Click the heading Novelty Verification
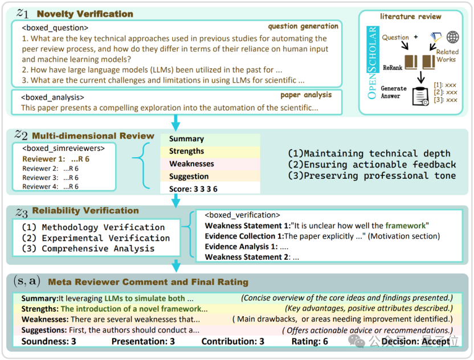pyautogui.click(x=85, y=14)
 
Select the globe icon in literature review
pyautogui.click(x=452, y=37)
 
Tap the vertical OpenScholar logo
pyautogui.click(x=373, y=63)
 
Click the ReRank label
pyautogui.click(x=393, y=68)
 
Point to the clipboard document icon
pyautogui.click(x=420, y=96)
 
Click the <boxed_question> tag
pyautogui.click(x=55, y=28)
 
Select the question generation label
pyautogui.click(x=303, y=26)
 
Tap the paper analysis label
pyautogui.click(x=306, y=95)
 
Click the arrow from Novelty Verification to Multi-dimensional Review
pyautogui.click(x=175, y=122)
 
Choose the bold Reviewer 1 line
pyautogui.click(x=56, y=159)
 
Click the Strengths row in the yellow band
pyautogui.click(x=186, y=151)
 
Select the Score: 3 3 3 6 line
pyautogui.click(x=193, y=189)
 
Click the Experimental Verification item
pyautogui.click(x=96, y=238)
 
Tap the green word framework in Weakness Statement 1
pyautogui.click(x=406, y=226)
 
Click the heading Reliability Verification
pyautogui.click(x=85, y=210)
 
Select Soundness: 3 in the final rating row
pyautogui.click(x=48, y=341)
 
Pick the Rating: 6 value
pyautogui.click(x=309, y=341)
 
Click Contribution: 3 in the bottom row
pyautogui.click(x=233, y=341)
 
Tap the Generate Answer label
pyautogui.click(x=393, y=92)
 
